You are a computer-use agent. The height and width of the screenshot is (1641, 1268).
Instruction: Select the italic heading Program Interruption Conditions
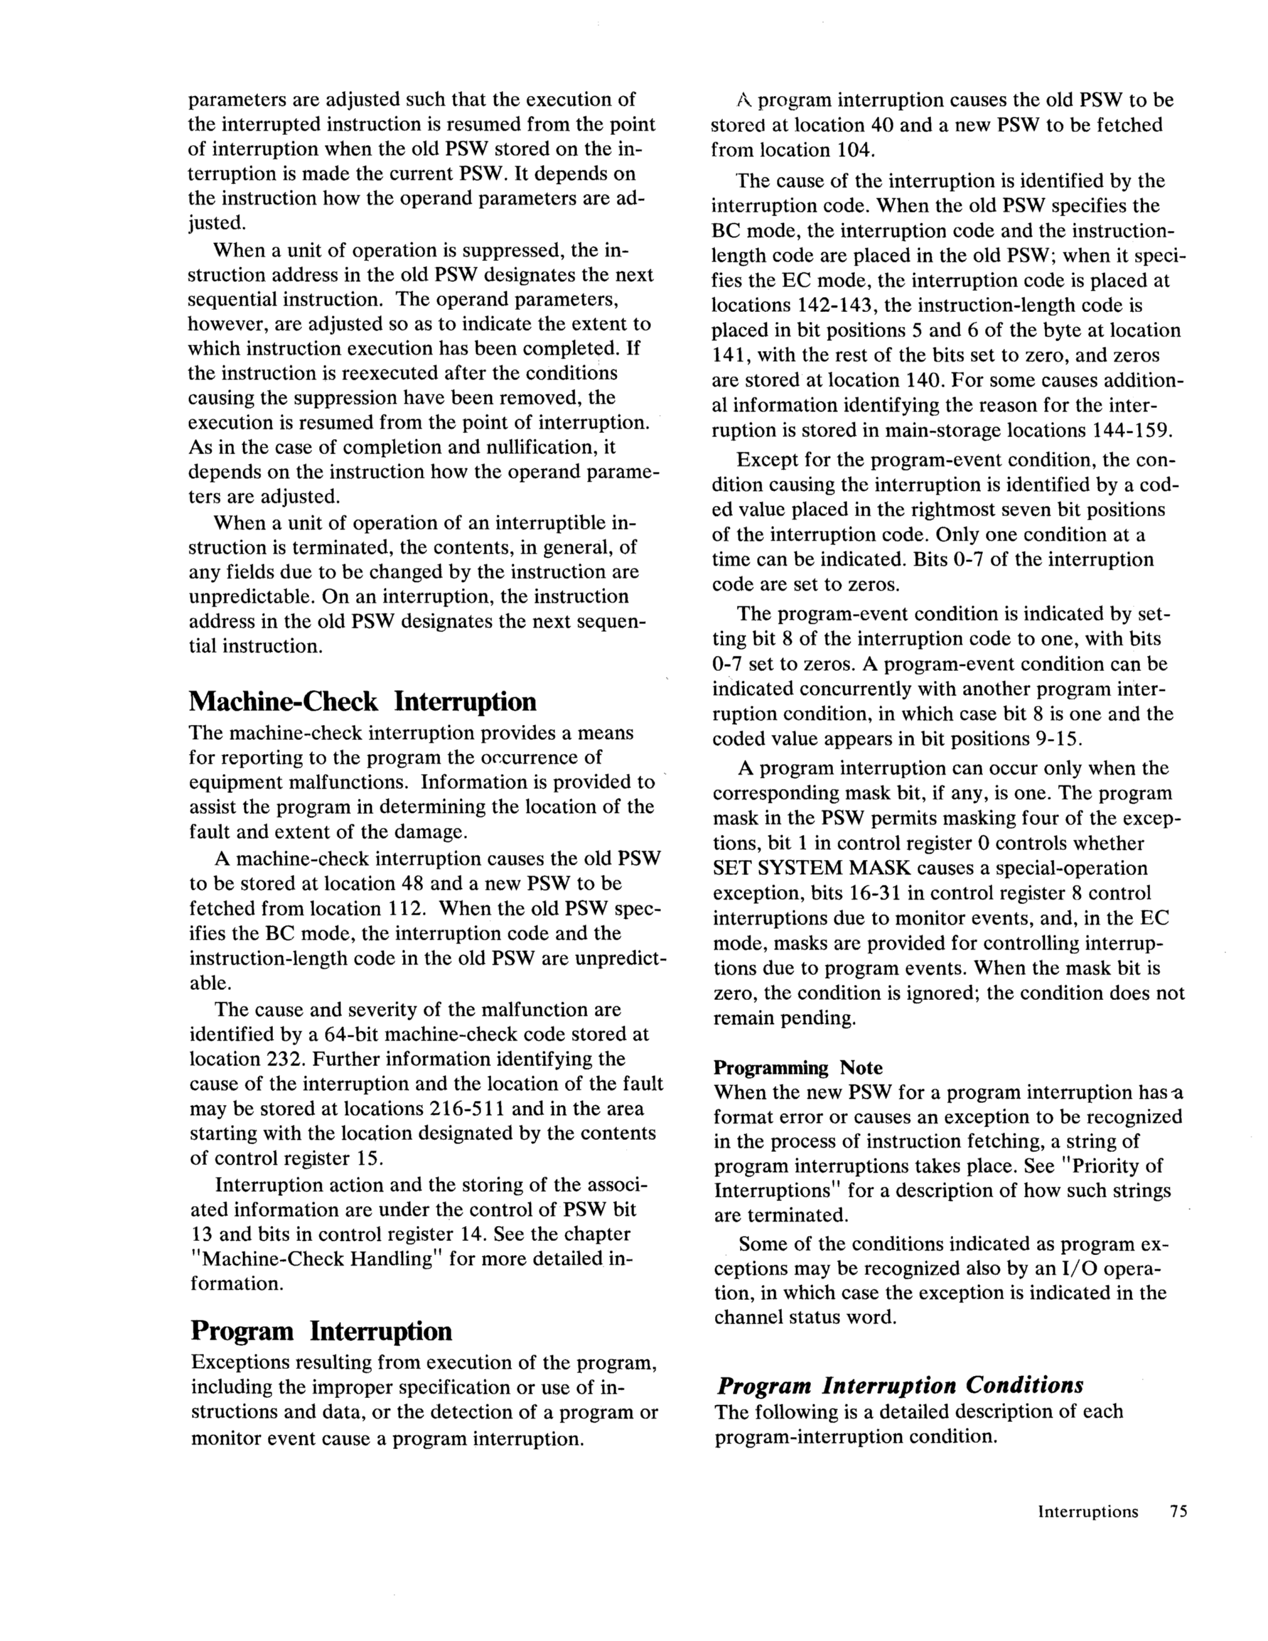coord(900,1384)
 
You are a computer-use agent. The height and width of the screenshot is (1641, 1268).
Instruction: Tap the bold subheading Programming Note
coord(797,1067)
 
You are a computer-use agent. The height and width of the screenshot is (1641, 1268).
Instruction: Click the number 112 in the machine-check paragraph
coord(407,908)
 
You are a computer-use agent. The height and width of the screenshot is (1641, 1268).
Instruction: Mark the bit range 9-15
coord(1058,738)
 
